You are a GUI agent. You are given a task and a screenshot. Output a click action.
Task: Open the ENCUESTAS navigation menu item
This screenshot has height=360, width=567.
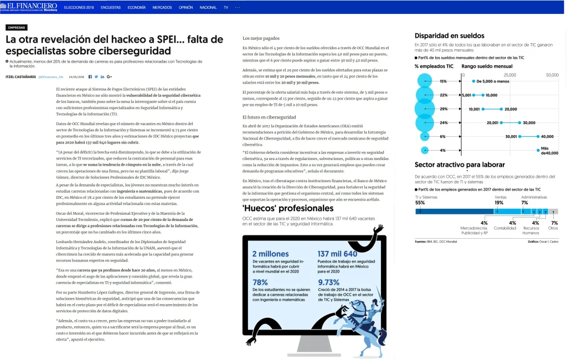point(110,8)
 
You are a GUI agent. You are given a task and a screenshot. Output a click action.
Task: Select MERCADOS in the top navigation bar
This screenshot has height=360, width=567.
point(162,8)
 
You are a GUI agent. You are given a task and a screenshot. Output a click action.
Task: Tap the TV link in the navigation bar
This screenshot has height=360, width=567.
point(226,8)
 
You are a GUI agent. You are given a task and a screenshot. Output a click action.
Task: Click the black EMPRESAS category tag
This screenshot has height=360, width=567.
point(16,27)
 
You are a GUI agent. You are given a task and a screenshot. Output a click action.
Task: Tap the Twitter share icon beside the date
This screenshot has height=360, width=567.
point(96,76)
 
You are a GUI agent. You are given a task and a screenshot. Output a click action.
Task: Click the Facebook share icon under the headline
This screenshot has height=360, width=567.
point(90,76)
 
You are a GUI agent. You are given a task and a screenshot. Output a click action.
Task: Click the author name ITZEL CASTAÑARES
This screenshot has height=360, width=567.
point(21,76)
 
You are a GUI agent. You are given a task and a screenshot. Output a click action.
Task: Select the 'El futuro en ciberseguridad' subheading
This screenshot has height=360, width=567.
point(269,117)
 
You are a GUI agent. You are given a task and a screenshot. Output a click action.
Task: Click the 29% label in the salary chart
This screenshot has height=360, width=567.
point(443,109)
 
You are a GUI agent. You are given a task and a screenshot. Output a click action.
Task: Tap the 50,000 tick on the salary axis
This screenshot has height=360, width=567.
point(552,75)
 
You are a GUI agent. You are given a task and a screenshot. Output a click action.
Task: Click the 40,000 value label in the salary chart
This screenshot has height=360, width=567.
point(547,136)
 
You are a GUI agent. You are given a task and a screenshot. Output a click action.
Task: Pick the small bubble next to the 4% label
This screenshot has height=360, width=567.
point(425,150)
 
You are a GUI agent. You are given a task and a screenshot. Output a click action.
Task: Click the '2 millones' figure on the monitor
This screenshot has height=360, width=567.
point(270,254)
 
